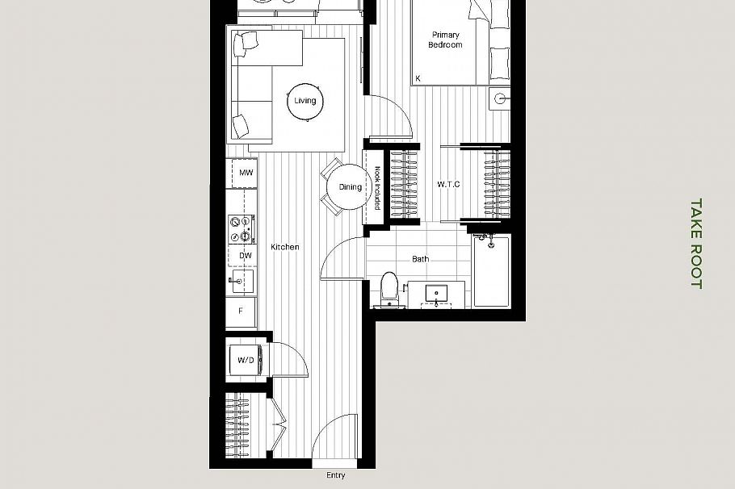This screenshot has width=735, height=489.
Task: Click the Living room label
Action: (x=305, y=101)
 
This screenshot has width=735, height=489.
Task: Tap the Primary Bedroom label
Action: (x=446, y=40)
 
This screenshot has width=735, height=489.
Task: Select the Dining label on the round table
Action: (x=351, y=187)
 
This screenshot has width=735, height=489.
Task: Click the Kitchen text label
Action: (x=285, y=247)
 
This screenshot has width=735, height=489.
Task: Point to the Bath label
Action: (x=421, y=259)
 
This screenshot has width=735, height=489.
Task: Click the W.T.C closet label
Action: (x=449, y=185)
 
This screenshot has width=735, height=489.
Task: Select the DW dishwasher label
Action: (x=246, y=256)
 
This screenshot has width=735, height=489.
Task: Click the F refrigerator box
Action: (x=241, y=311)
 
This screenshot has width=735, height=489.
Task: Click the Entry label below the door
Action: (x=336, y=475)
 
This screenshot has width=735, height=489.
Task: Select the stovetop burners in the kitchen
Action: (x=241, y=228)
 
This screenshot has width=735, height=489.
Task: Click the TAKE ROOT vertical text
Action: (x=696, y=244)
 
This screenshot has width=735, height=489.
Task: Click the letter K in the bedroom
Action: (x=418, y=78)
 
